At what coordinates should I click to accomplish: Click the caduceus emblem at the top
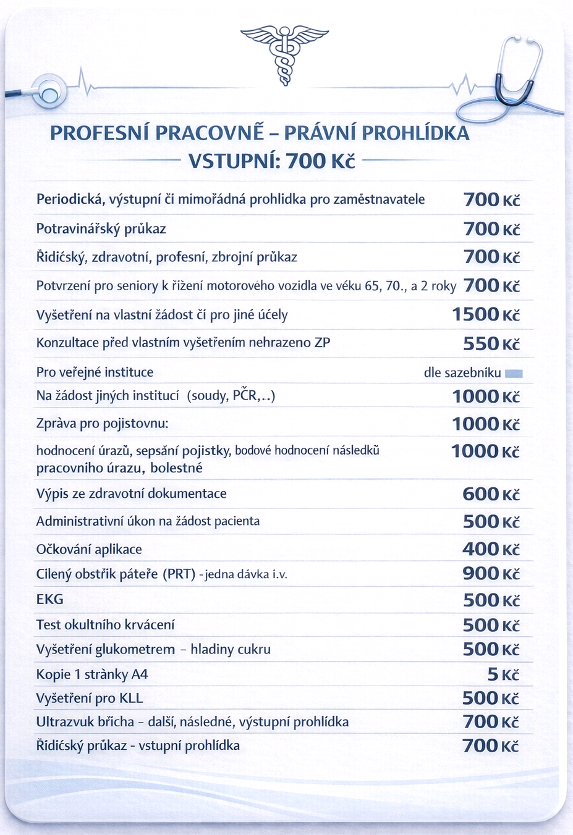(x=285, y=54)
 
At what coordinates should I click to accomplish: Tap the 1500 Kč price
(x=486, y=314)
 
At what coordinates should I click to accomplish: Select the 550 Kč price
(x=491, y=343)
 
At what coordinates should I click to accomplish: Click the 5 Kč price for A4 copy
(x=503, y=674)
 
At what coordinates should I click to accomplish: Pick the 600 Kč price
(x=491, y=494)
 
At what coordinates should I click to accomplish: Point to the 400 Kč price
(x=491, y=549)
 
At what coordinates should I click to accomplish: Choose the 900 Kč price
(x=491, y=574)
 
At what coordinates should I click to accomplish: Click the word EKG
(x=49, y=599)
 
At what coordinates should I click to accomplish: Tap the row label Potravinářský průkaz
(x=101, y=229)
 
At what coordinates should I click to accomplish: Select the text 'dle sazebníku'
(x=462, y=372)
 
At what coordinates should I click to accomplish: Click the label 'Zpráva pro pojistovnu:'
(x=102, y=424)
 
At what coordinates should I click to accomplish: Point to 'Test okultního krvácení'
(x=105, y=624)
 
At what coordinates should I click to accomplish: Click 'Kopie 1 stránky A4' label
(x=92, y=674)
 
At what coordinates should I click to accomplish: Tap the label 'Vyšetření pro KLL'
(x=90, y=699)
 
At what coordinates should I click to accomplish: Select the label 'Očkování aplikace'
(x=89, y=549)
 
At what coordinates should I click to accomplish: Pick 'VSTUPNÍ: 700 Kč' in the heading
(x=272, y=161)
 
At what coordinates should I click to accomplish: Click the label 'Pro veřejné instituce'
(x=95, y=372)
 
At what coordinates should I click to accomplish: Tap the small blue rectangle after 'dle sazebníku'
(x=514, y=373)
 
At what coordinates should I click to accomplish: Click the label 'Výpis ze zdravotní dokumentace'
(x=131, y=494)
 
